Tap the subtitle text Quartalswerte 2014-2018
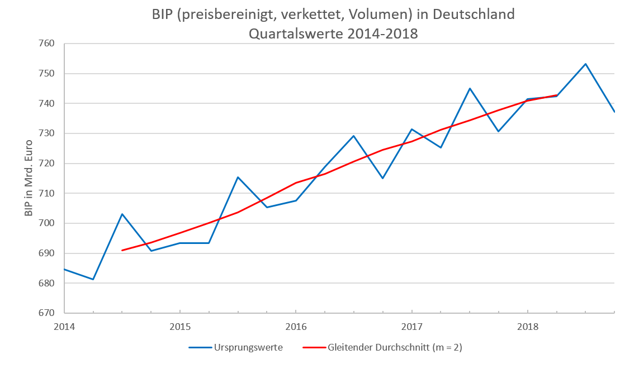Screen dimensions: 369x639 [x=333, y=33]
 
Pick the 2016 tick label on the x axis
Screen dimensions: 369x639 [x=295, y=325]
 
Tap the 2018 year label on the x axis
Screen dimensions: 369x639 [x=527, y=325]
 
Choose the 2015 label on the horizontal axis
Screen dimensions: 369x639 [x=179, y=325]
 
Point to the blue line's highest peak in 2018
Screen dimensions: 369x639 [x=585, y=64]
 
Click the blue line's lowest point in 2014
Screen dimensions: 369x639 [x=93, y=279]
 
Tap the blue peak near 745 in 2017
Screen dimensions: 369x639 [x=470, y=88]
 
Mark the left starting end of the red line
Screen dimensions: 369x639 [x=122, y=250]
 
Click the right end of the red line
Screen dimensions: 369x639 [x=557, y=95]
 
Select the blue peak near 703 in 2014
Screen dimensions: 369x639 [x=122, y=214]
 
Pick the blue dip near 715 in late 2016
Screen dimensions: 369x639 [x=382, y=178]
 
